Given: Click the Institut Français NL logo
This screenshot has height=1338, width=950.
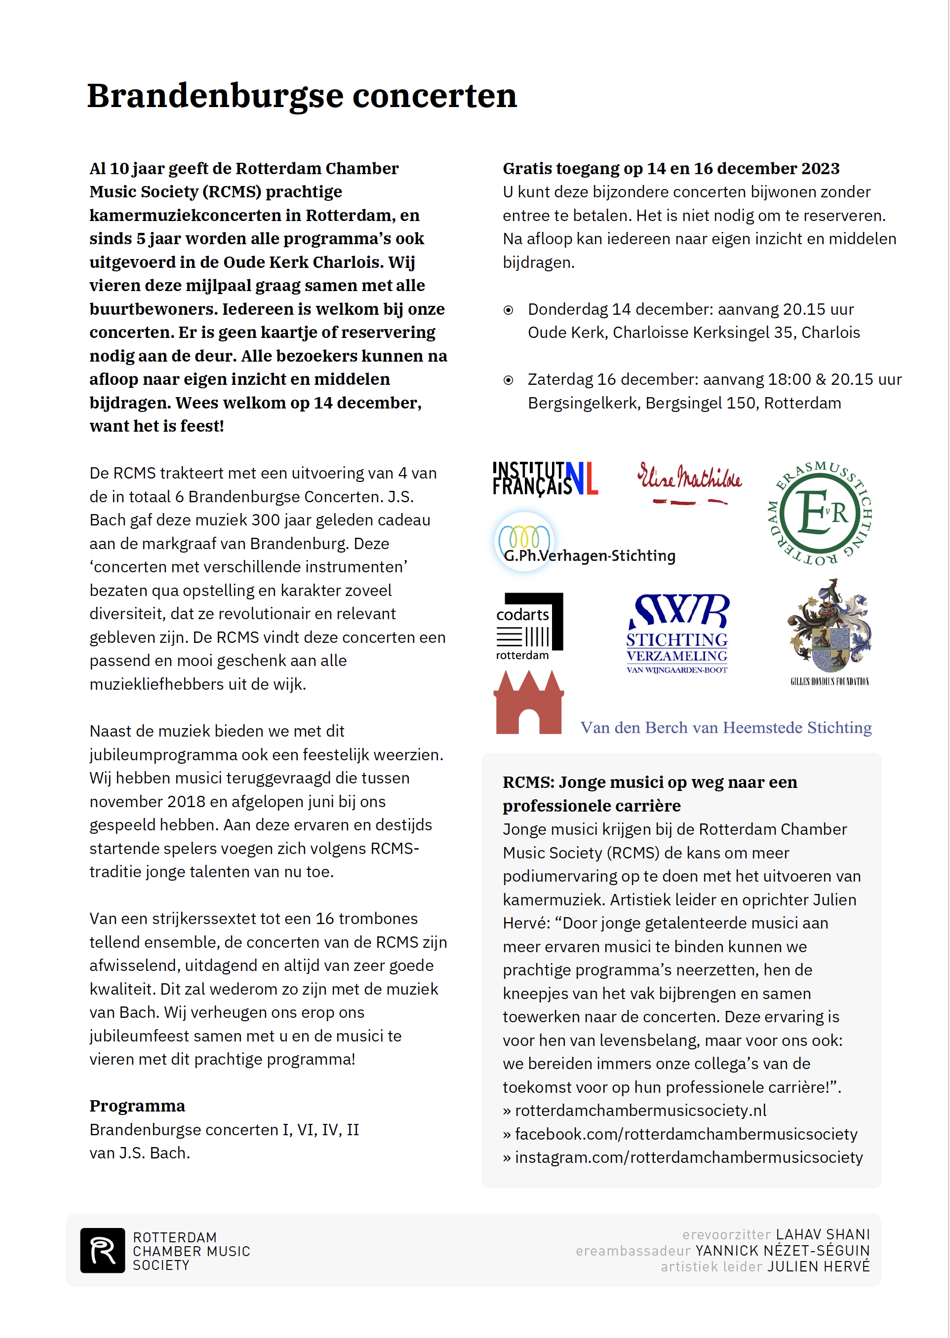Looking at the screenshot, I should click(545, 479).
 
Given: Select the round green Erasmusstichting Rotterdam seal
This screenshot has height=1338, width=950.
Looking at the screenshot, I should click(820, 513).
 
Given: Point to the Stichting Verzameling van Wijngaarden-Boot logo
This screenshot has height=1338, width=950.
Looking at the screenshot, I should click(677, 635).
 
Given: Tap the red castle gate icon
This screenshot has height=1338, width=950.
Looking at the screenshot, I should click(528, 704).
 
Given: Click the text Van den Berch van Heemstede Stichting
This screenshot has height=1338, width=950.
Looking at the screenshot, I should click(725, 728).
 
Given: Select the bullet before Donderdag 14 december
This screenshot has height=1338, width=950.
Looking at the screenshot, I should click(509, 310).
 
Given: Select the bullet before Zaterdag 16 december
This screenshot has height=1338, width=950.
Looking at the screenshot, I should click(509, 380).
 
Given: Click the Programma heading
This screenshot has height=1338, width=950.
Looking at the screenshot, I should click(137, 1106).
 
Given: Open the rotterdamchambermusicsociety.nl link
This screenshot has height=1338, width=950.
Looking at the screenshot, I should click(640, 1111).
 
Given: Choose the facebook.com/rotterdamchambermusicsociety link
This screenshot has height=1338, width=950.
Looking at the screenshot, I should click(686, 1134).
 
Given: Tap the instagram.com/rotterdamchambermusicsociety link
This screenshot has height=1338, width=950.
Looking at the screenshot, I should click(688, 1157).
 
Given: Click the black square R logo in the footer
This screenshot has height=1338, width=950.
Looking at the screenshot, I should click(102, 1250).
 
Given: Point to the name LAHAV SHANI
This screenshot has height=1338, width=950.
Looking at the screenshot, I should click(823, 1234).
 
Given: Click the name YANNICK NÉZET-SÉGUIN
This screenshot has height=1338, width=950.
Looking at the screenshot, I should click(782, 1250).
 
